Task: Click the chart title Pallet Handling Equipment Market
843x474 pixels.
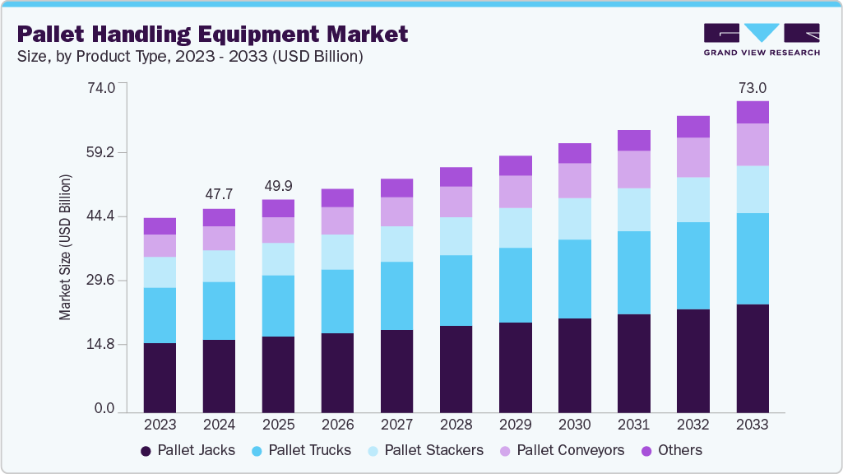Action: [x=212, y=35]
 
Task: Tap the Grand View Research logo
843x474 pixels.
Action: [x=762, y=39]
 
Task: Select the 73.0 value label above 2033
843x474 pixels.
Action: [x=752, y=88]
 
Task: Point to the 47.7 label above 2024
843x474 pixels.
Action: [x=219, y=195]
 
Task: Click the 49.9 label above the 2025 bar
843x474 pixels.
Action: [x=278, y=186]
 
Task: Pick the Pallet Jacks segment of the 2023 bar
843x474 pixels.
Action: [x=160, y=377]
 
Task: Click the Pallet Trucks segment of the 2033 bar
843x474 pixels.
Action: [x=752, y=258]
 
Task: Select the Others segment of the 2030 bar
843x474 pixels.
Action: [x=574, y=153]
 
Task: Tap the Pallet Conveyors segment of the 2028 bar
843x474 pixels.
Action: [x=456, y=202]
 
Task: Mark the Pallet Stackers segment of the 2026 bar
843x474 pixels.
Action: [x=337, y=252]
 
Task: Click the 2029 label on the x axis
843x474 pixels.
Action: [x=515, y=425]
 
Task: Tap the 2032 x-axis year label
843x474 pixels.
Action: [x=692, y=425]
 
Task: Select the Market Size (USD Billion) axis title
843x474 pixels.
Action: [x=65, y=247]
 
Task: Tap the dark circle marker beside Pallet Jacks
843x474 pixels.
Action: [x=146, y=451]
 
